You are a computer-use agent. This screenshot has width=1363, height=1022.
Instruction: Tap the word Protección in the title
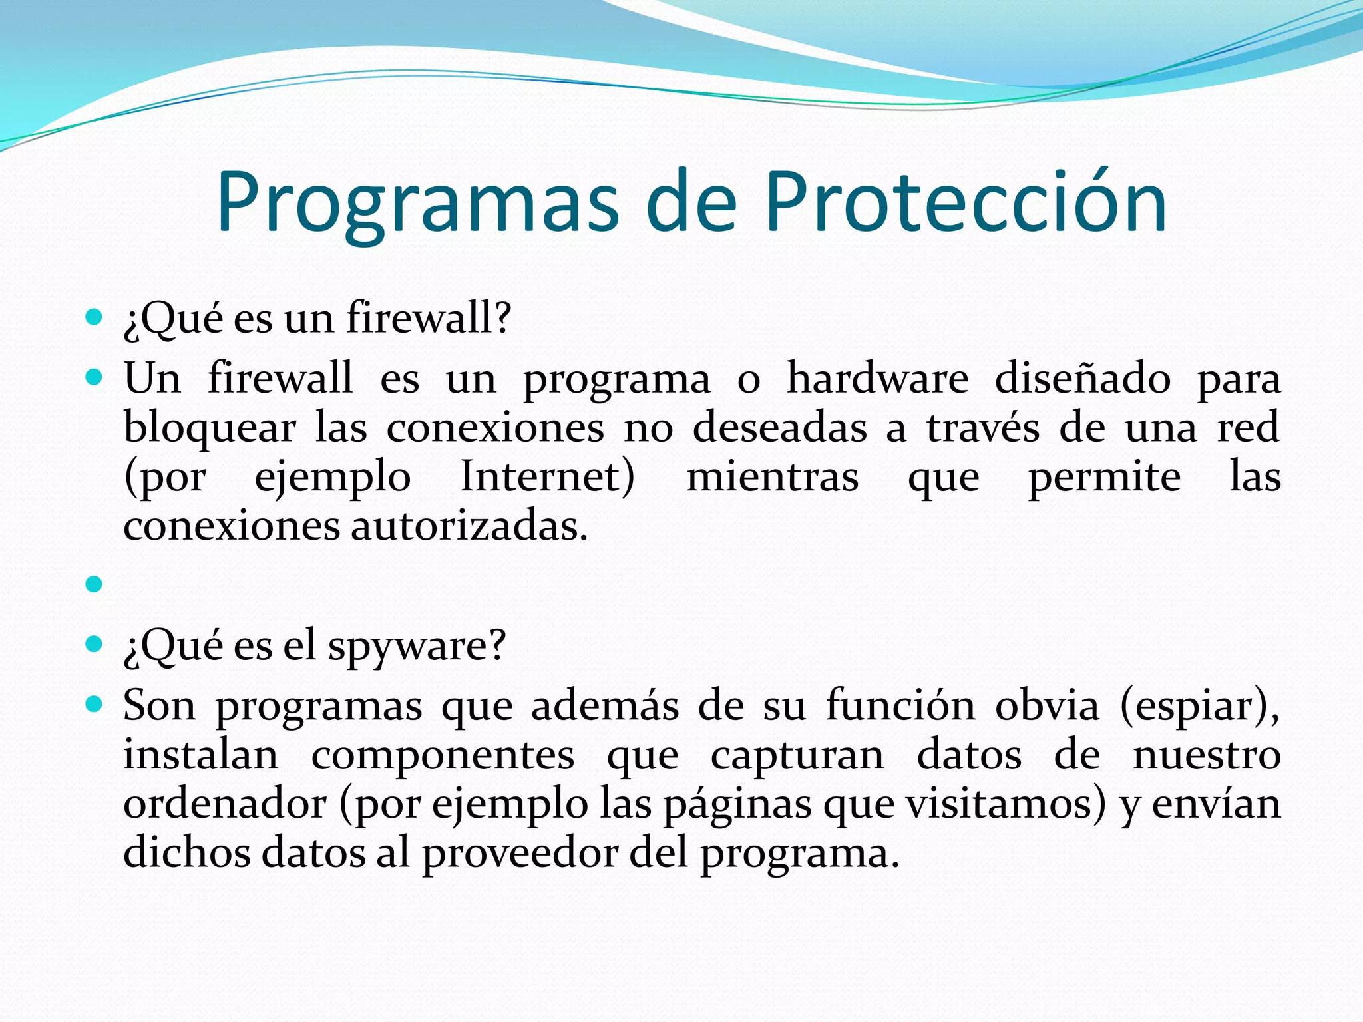[965, 203]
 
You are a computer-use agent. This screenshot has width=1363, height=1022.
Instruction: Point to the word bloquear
[210, 429]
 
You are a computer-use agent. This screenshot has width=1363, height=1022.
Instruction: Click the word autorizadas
[469, 526]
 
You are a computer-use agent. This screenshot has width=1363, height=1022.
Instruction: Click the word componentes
[443, 756]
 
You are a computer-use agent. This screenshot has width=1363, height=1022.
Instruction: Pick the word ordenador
[224, 804]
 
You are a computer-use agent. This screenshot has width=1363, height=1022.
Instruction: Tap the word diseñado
[1082, 379]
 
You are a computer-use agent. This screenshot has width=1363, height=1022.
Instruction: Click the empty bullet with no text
[95, 584]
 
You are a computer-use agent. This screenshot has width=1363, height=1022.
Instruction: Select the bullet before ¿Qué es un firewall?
[95, 317]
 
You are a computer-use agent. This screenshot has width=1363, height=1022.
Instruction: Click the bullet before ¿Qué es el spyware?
[95, 644]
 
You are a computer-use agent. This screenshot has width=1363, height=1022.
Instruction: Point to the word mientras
[772, 477]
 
